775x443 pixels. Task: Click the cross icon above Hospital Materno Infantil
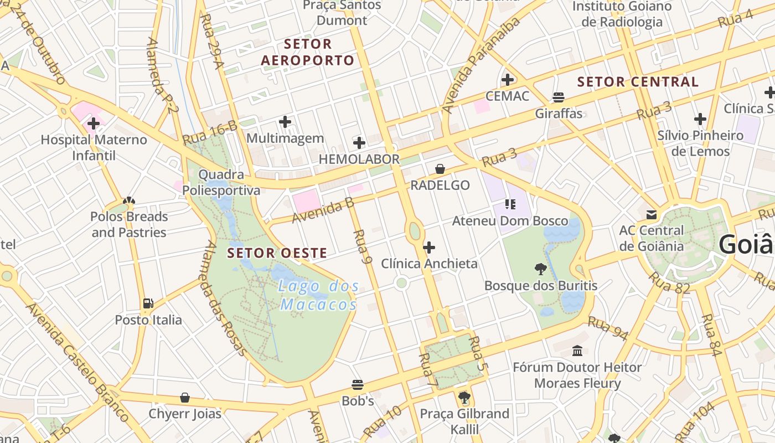click(94, 123)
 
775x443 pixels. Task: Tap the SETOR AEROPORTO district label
click(308, 52)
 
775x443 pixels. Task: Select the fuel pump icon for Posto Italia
click(148, 303)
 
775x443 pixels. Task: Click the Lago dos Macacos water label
click(318, 295)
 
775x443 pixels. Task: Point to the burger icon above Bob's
click(358, 384)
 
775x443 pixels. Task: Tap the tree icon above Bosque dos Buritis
click(540, 269)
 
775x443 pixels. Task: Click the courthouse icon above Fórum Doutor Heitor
click(577, 351)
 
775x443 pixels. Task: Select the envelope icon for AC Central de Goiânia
click(651, 214)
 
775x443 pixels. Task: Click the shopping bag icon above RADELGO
click(440, 169)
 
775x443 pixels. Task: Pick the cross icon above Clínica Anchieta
click(429, 247)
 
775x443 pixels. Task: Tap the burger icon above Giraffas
click(559, 97)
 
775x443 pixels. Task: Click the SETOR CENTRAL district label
click(638, 82)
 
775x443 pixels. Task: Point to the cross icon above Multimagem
click(285, 121)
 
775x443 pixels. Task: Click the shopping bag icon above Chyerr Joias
click(185, 398)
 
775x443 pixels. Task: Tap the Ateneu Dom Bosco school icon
click(510, 204)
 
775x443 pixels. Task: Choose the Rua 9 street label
click(360, 246)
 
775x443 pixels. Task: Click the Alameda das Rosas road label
click(225, 298)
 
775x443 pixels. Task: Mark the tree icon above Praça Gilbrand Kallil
click(464, 397)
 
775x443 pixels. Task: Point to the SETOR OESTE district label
click(277, 253)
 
